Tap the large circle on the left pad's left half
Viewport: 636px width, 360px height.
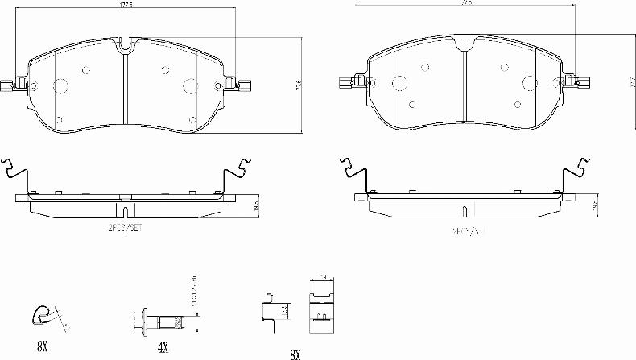pos(60,87)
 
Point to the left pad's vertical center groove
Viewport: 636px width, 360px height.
pos(126,89)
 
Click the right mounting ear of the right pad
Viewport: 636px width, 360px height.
pos(578,81)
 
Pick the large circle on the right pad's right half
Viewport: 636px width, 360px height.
pos(530,81)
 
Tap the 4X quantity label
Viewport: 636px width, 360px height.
pos(163,348)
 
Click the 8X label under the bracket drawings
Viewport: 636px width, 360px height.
pos(294,354)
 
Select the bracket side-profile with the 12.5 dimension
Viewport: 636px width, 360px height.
pos(269,312)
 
